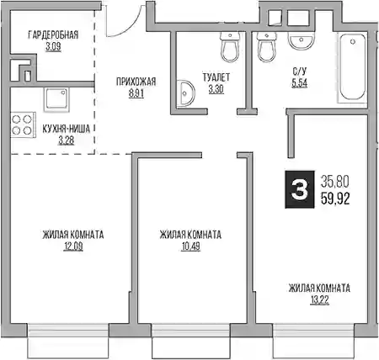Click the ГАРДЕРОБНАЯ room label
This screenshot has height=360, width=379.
(x=53, y=35)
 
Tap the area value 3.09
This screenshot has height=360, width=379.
(x=53, y=46)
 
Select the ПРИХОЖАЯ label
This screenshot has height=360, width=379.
(x=136, y=82)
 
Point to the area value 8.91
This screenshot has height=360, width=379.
(x=136, y=93)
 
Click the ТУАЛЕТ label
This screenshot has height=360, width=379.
(x=216, y=77)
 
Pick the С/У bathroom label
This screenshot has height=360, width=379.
(x=300, y=71)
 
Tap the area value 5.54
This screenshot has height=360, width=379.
(x=300, y=83)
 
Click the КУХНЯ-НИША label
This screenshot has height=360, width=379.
(x=67, y=129)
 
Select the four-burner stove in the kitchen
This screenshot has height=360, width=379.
(x=23, y=124)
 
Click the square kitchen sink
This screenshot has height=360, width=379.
(x=56, y=99)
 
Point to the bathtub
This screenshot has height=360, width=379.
(x=352, y=67)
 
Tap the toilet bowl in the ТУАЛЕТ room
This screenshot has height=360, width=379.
(x=230, y=47)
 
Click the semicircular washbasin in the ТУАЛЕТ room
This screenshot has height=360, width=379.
(x=185, y=93)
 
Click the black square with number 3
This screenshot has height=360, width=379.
(x=300, y=189)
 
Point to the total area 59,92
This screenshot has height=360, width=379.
(x=335, y=199)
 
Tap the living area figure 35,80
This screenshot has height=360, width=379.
(x=335, y=182)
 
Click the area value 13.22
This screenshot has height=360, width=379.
(x=319, y=300)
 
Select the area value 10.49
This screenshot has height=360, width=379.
(x=190, y=246)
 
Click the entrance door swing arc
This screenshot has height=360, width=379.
(x=130, y=26)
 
